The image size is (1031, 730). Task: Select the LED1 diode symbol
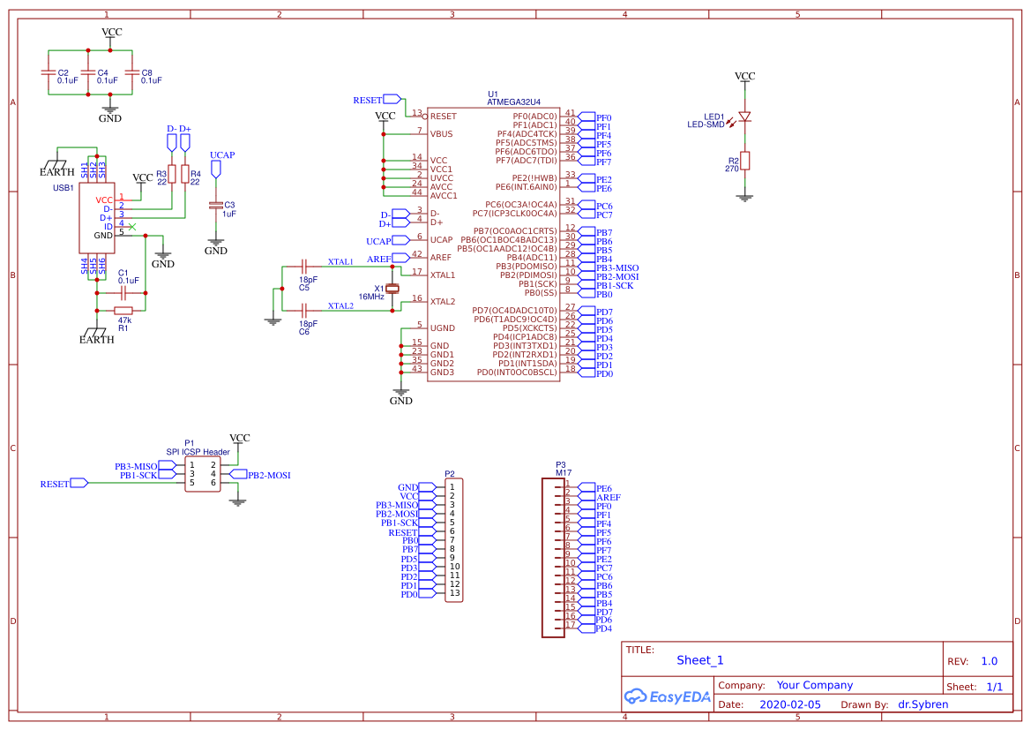pyautogui.click(x=745, y=117)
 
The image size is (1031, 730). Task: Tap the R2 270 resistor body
pyautogui.click(x=745, y=160)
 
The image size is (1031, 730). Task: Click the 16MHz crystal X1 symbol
pyautogui.click(x=393, y=289)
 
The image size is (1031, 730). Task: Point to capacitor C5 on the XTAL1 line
pyautogui.click(x=304, y=266)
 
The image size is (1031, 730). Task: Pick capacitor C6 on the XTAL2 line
pyautogui.click(x=304, y=310)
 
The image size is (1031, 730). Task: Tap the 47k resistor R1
pyautogui.click(x=123, y=310)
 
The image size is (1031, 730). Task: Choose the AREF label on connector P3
pyautogui.click(x=608, y=497)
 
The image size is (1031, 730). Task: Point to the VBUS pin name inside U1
pyautogui.click(x=441, y=134)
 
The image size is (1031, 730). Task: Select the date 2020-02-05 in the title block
pyautogui.click(x=789, y=704)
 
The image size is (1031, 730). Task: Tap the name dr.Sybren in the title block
pyautogui.click(x=924, y=704)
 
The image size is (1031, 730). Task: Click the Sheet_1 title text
pyautogui.click(x=699, y=660)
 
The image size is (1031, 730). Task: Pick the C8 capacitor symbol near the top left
pyautogui.click(x=131, y=73)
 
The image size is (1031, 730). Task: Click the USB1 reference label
pyautogui.click(x=64, y=188)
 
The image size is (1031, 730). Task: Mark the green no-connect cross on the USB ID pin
pyautogui.click(x=132, y=227)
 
